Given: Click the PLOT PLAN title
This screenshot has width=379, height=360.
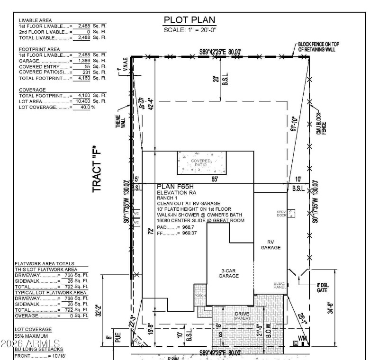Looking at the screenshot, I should tap(189, 20).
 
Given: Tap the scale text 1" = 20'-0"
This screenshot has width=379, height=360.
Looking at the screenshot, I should tap(189, 29).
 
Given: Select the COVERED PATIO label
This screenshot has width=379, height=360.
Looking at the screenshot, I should tap(202, 162).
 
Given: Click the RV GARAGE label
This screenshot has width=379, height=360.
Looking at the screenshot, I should tap(271, 244).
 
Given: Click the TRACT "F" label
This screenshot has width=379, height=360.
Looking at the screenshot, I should tap(98, 169).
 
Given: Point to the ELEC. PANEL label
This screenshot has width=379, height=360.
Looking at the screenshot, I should tap(279, 285).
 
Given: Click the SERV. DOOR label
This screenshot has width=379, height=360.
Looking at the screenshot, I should tap(282, 213).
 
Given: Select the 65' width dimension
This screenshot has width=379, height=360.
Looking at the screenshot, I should tap(215, 179).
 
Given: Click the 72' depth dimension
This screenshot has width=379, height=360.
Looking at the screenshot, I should tap(150, 232).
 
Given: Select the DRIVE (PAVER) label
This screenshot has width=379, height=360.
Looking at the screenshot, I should tap(242, 315).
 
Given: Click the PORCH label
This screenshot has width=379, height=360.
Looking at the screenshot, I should tap(199, 295).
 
